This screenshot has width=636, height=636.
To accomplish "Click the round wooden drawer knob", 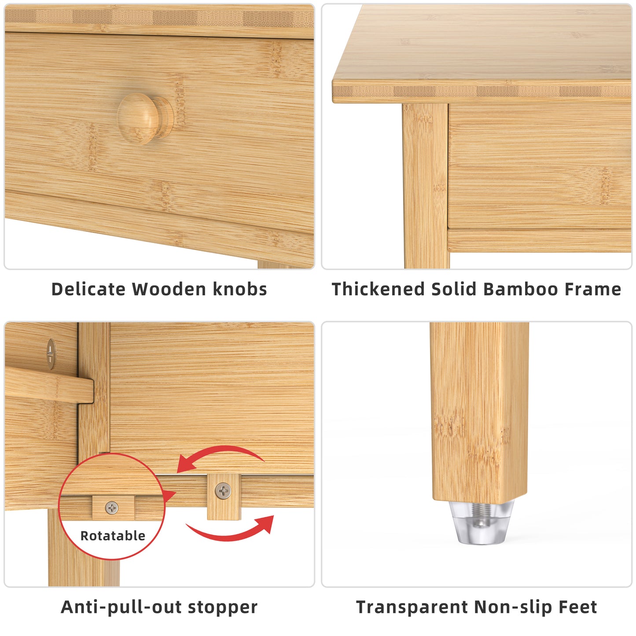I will [x=144, y=118].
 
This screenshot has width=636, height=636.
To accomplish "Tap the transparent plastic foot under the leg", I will [x=482, y=524].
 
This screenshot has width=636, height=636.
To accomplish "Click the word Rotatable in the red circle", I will [x=113, y=536].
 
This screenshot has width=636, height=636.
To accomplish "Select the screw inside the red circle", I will [x=112, y=508].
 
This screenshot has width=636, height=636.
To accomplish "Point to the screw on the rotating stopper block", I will [x=224, y=490].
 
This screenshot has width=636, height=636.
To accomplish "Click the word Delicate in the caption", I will [x=88, y=289].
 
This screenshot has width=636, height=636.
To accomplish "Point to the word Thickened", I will [x=379, y=289].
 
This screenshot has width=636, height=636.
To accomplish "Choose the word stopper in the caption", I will [x=222, y=607].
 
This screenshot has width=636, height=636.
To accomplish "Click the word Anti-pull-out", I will [x=121, y=607].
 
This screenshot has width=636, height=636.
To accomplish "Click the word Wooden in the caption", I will [x=169, y=289].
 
